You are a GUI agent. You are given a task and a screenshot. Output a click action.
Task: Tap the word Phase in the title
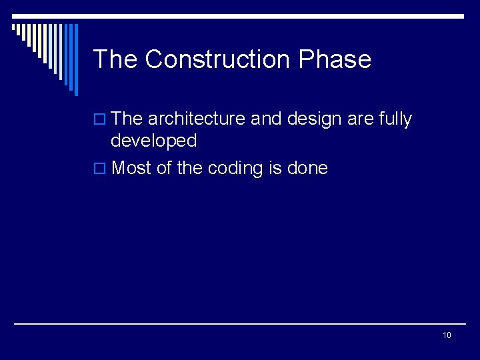coord(335,59)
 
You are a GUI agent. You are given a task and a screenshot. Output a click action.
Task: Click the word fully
coord(396,119)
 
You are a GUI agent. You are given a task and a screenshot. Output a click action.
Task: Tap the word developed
coord(153,141)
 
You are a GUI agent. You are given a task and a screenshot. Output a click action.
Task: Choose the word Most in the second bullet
coord(131,168)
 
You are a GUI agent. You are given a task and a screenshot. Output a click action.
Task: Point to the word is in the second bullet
coord(275,168)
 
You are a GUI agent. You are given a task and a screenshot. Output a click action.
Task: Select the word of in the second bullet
coord(164,168)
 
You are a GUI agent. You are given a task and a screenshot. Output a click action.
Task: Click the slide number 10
coord(447,335)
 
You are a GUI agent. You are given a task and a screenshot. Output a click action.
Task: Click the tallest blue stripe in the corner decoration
coord(75,60)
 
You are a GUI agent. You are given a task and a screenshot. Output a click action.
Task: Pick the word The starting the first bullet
coord(127,119)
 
